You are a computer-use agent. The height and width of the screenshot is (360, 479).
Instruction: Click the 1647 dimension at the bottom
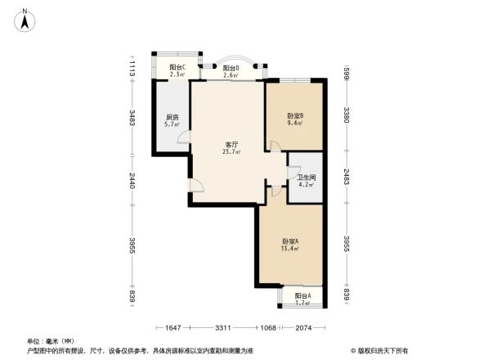(171, 329)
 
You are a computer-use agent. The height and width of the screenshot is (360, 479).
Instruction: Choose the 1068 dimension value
(268, 329)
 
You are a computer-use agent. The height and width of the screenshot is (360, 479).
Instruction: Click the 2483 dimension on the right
(347, 178)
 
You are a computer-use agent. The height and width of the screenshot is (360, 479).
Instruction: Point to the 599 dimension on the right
(347, 72)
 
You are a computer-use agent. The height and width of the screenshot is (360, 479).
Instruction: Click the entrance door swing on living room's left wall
(195, 186)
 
